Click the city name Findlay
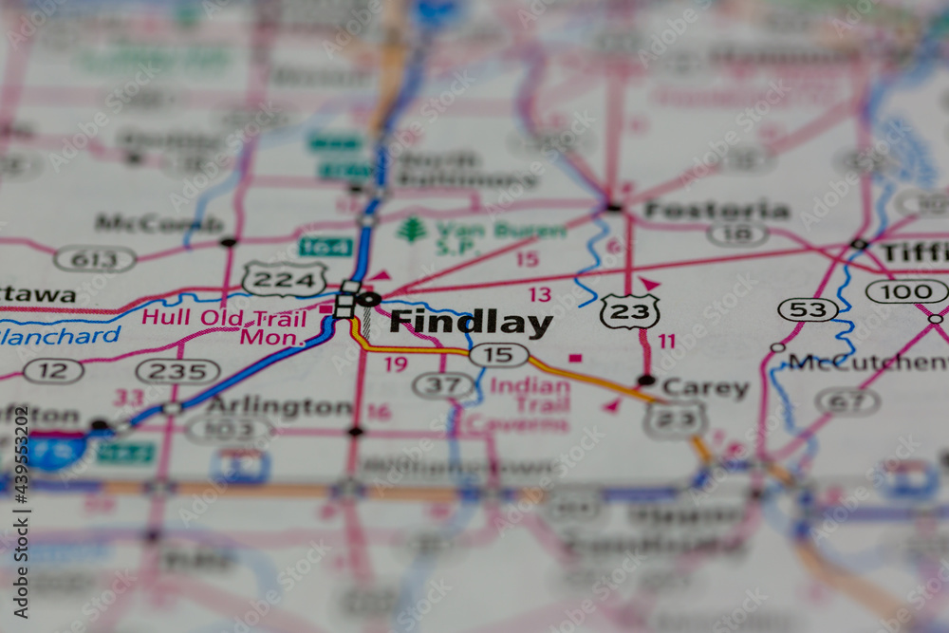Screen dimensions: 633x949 click(x=471, y=323)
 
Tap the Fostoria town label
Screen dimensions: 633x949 click(x=717, y=210)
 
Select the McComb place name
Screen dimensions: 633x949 click(x=158, y=224)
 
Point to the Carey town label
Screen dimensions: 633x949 click(x=705, y=388)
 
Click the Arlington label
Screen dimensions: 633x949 click(x=280, y=407)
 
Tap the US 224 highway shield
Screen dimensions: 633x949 click(x=284, y=279)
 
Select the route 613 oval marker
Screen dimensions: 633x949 click(x=95, y=259)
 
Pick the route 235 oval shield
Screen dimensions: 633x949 click(x=177, y=371)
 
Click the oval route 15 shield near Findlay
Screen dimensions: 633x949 click(x=498, y=355)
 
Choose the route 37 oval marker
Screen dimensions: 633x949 click(x=443, y=385)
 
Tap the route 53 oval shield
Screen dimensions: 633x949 click(x=808, y=309)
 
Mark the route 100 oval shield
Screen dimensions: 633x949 click(x=906, y=291)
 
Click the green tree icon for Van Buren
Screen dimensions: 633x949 click(x=412, y=231)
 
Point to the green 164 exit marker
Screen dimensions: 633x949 click(x=326, y=247)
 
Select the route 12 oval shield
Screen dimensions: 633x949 click(x=53, y=371)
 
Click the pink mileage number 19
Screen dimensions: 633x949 click(x=396, y=363)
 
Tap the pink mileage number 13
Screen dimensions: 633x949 click(x=540, y=294)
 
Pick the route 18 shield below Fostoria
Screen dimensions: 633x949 click(x=738, y=234)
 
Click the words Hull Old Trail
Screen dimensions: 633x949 click(x=224, y=317)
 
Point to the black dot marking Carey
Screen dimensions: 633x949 click(x=646, y=381)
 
